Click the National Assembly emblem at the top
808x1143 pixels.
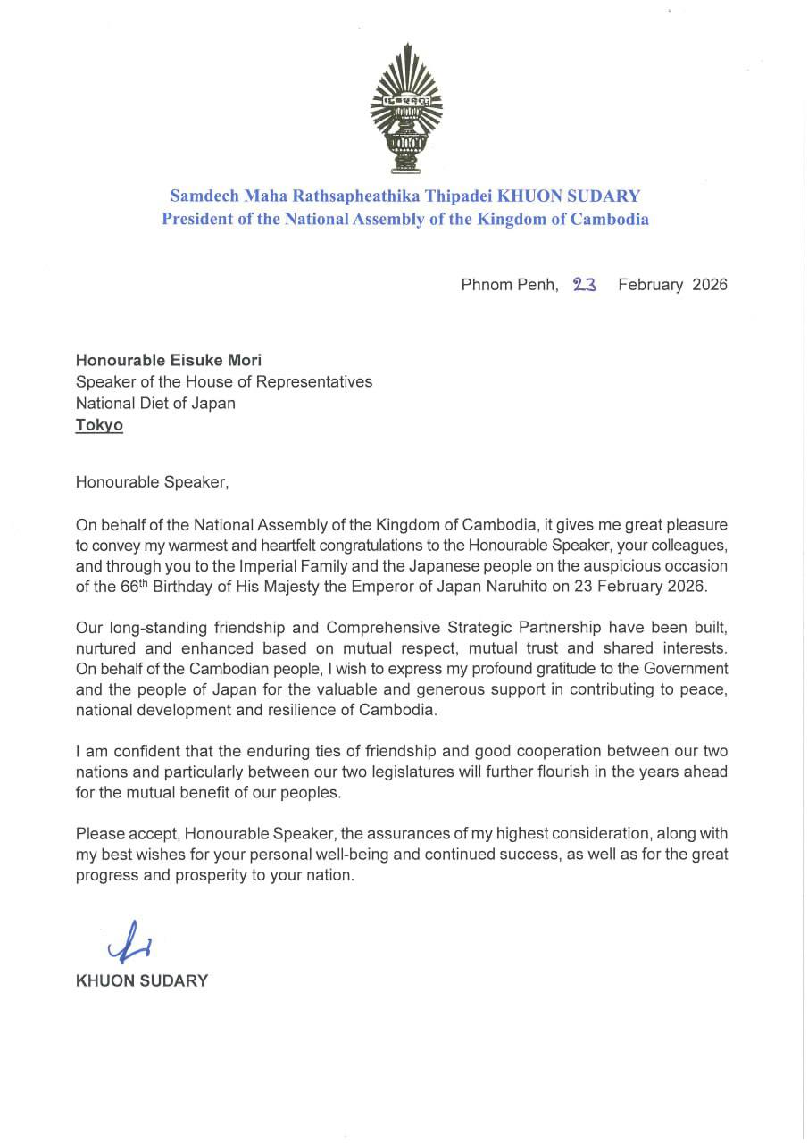[407, 112]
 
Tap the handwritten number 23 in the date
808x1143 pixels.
[585, 285]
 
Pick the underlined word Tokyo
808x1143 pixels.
[99, 425]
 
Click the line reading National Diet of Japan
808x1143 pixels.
[155, 403]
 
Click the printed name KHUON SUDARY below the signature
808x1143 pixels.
[142, 980]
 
